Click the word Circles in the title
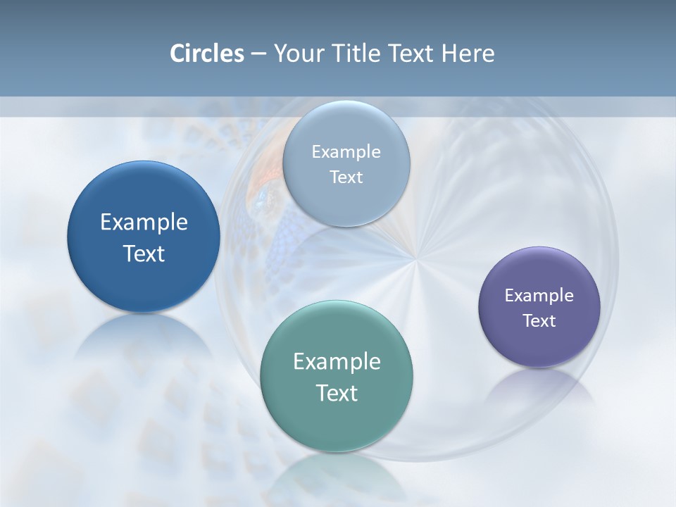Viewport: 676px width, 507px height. [x=207, y=54]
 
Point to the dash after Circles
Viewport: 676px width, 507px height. [x=258, y=54]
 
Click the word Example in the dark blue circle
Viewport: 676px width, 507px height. [x=144, y=223]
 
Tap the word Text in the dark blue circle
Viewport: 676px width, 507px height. [x=144, y=254]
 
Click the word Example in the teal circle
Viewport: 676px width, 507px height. [x=337, y=362]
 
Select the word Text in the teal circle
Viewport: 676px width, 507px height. [x=337, y=393]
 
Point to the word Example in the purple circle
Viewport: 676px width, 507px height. [x=539, y=296]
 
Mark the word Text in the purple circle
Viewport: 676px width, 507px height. [x=539, y=321]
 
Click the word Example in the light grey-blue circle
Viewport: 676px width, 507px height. [x=346, y=152]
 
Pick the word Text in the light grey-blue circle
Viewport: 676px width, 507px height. [x=346, y=177]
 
